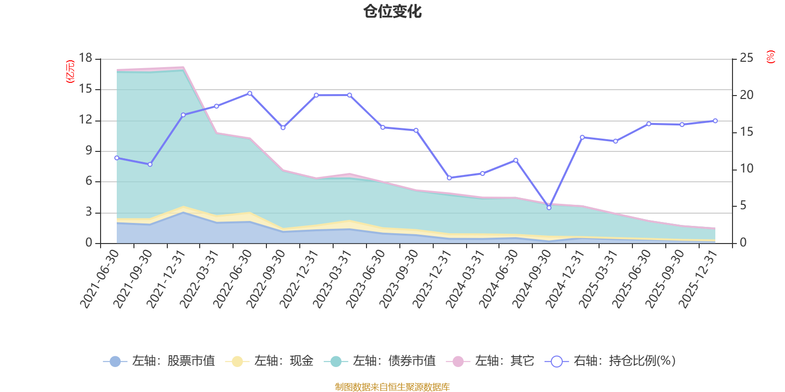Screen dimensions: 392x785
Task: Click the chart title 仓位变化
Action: [392, 11]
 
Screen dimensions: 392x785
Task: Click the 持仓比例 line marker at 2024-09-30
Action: [549, 208]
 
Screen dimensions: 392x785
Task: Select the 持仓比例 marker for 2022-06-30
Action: [250, 93]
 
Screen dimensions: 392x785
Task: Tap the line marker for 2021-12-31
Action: [183, 115]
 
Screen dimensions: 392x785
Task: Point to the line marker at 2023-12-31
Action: [449, 178]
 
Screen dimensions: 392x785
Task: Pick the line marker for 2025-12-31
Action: [715, 121]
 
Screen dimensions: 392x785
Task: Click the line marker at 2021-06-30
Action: [117, 158]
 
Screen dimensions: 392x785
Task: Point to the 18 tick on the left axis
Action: [86, 58]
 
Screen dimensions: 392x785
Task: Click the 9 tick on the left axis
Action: [89, 151]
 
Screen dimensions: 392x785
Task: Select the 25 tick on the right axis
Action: [746, 58]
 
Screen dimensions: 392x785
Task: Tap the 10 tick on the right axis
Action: [746, 169]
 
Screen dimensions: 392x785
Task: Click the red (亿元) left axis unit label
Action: [71, 72]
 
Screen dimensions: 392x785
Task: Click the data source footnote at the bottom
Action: [392, 387]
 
